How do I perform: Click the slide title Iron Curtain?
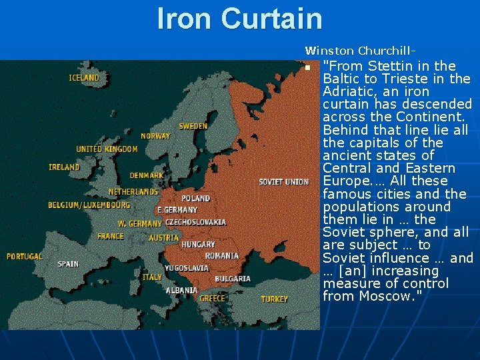click(239, 18)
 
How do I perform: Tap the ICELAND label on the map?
click(84, 78)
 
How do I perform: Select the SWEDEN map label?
click(193, 126)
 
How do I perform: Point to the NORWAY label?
click(155, 136)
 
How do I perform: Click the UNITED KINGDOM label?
click(107, 149)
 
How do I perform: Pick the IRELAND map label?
click(64, 167)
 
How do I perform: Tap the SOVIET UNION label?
click(283, 181)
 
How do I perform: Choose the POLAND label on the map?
click(196, 198)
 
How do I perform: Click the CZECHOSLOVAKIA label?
click(195, 222)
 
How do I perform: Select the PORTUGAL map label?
click(25, 256)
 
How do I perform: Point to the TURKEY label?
click(275, 299)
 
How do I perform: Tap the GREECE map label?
click(212, 298)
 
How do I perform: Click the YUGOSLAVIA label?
click(186, 268)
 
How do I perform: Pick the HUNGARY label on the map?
click(199, 245)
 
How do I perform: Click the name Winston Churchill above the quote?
click(361, 50)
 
